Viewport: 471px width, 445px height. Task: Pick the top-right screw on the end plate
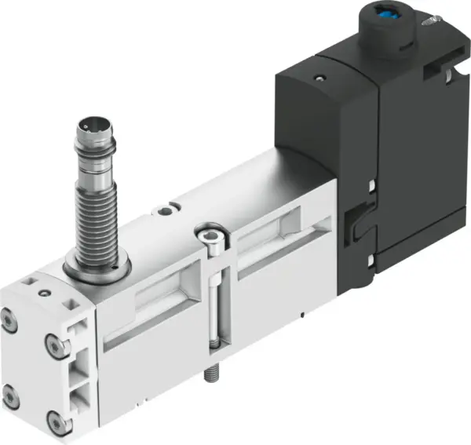(53, 342)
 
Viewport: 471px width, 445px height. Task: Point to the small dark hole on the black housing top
(319, 78)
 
